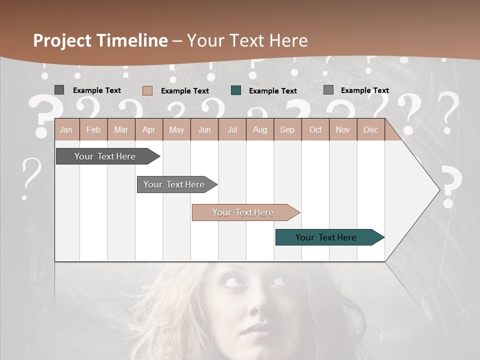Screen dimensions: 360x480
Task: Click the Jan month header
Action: tap(66, 130)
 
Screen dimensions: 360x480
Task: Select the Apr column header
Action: tap(148, 130)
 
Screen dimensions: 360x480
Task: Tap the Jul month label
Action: tap(232, 130)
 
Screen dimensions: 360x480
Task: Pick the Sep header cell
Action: tap(287, 130)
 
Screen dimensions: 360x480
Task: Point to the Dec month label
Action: tap(370, 130)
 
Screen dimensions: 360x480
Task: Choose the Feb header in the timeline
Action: tap(93, 130)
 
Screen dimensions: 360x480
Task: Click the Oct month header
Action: tap(315, 130)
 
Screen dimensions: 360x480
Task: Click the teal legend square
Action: tap(236, 90)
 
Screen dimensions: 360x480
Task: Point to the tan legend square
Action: tap(147, 90)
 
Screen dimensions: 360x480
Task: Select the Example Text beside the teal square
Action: tap(272, 91)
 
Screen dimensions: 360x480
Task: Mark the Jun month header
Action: tap(204, 130)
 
